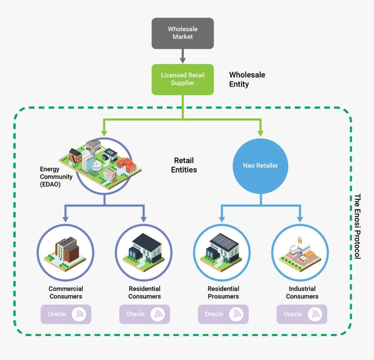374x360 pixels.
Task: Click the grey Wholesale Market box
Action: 183,33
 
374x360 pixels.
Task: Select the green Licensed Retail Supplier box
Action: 183,79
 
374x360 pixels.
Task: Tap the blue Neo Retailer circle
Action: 260,166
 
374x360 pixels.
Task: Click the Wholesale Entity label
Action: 247,79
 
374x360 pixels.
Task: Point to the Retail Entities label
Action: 184,165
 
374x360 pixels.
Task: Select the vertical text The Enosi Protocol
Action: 357,226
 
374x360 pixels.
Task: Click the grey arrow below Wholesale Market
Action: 183,56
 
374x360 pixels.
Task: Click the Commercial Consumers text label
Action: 66,293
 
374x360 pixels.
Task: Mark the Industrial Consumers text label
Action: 302,293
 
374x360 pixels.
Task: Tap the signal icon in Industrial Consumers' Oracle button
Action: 314,314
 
